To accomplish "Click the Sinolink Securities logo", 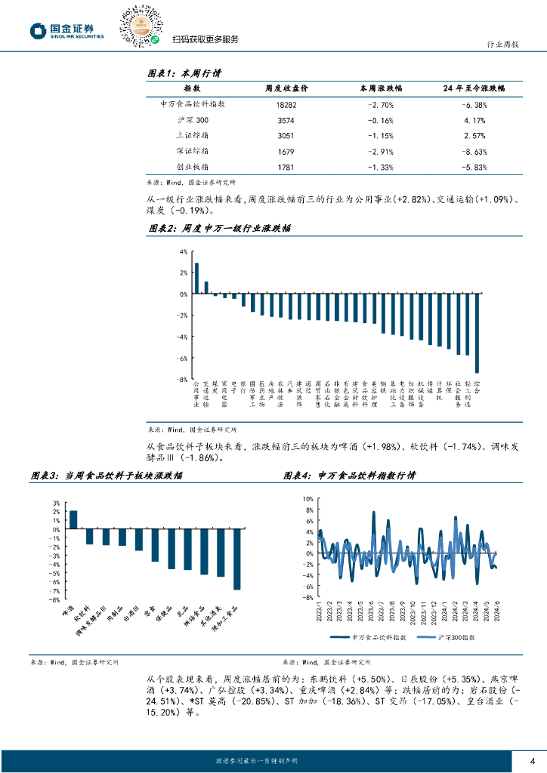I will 66,30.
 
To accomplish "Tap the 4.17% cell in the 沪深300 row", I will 474,120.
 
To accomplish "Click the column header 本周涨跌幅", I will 382,89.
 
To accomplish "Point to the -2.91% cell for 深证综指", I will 381,151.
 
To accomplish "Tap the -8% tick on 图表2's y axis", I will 182,380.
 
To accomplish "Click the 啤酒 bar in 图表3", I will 73,519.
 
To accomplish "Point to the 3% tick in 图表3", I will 57,504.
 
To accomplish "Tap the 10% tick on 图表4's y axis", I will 307,499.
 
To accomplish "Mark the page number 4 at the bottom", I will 533,760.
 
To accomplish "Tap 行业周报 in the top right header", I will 501,45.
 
